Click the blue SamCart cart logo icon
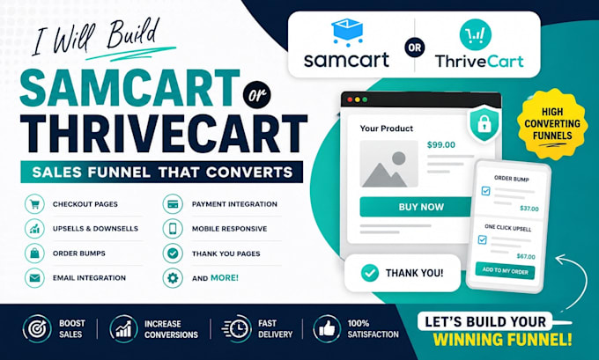tap(347, 33)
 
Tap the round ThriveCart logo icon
tap(475, 34)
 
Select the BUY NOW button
tap(417, 207)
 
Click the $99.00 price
tap(440, 144)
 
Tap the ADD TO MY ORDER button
tap(505, 271)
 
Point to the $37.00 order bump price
tap(529, 209)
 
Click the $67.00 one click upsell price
tap(526, 256)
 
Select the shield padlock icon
tap(484, 124)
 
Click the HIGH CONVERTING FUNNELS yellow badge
tap(552, 124)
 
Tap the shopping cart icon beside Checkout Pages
tap(34, 204)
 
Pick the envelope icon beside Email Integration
tap(34, 277)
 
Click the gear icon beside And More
tap(173, 277)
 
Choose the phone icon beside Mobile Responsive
tap(173, 228)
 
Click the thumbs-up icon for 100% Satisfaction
tap(327, 328)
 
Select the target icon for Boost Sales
tap(37, 328)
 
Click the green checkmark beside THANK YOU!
tap(369, 273)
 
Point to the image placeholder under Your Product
tap(388, 164)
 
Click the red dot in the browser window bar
tap(350, 99)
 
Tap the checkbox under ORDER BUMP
tap(485, 190)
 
